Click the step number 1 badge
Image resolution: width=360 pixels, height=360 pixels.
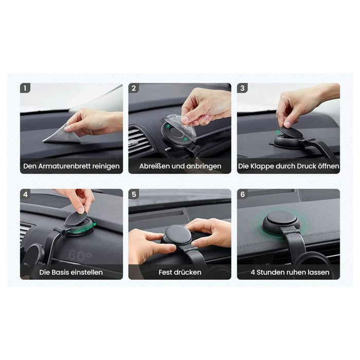click(x=25, y=88)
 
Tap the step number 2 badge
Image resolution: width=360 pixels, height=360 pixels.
click(x=134, y=88)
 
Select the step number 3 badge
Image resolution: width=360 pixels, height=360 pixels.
click(x=242, y=88)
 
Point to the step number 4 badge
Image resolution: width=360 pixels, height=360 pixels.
click(x=25, y=194)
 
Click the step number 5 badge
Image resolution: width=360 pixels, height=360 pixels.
click(x=134, y=194)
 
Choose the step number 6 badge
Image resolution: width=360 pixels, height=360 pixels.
click(x=242, y=194)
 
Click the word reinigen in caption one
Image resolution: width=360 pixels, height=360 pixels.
click(x=105, y=167)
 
